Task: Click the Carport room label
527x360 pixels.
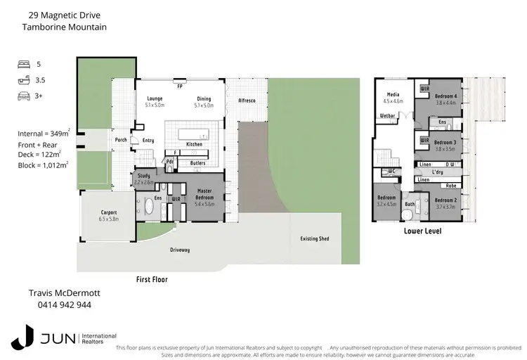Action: click(109, 212)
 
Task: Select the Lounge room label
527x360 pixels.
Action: click(155, 98)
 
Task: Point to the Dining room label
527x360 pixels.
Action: click(204, 98)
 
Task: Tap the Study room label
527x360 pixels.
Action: click(144, 176)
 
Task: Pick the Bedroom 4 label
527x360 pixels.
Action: click(445, 96)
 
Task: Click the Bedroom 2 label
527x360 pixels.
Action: click(446, 200)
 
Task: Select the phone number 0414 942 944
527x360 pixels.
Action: click(59, 305)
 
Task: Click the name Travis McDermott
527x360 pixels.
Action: click(59, 293)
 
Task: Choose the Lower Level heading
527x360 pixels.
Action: click(422, 231)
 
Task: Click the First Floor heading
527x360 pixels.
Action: click(151, 279)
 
